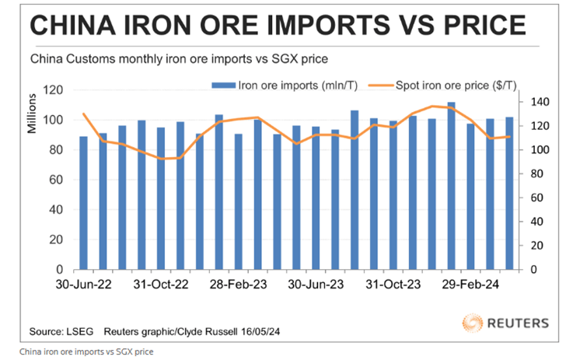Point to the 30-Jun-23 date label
click(x=316, y=285)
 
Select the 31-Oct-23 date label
click(x=393, y=285)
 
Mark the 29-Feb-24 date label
click(x=471, y=285)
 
